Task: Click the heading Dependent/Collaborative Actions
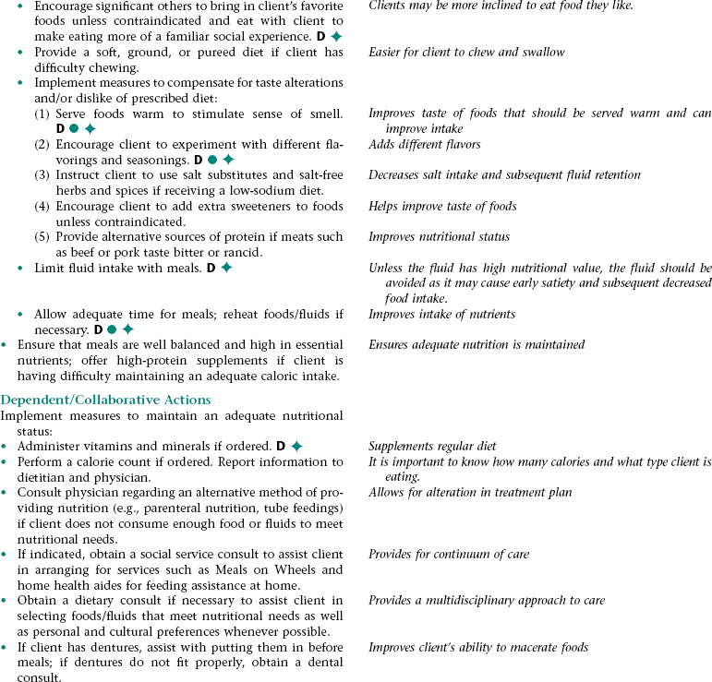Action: (x=105, y=400)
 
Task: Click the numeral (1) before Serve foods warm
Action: (x=42, y=114)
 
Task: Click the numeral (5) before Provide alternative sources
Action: (x=42, y=237)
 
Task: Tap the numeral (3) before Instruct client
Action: (x=42, y=174)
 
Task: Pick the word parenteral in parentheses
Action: (x=200, y=509)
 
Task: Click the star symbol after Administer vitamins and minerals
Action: (x=296, y=447)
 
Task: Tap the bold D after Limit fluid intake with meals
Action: (x=211, y=269)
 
